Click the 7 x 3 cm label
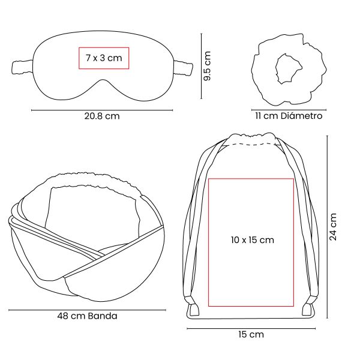pos(104,58)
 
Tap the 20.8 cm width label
pos(102,116)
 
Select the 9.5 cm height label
pos(208,66)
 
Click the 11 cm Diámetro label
pos(289,116)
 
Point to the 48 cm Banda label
pos(87,316)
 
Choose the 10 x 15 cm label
pos(253,240)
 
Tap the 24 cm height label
pos(333,227)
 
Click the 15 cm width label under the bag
pos(251,334)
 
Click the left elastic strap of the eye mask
pos(22,67)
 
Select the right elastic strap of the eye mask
pos(183,68)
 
